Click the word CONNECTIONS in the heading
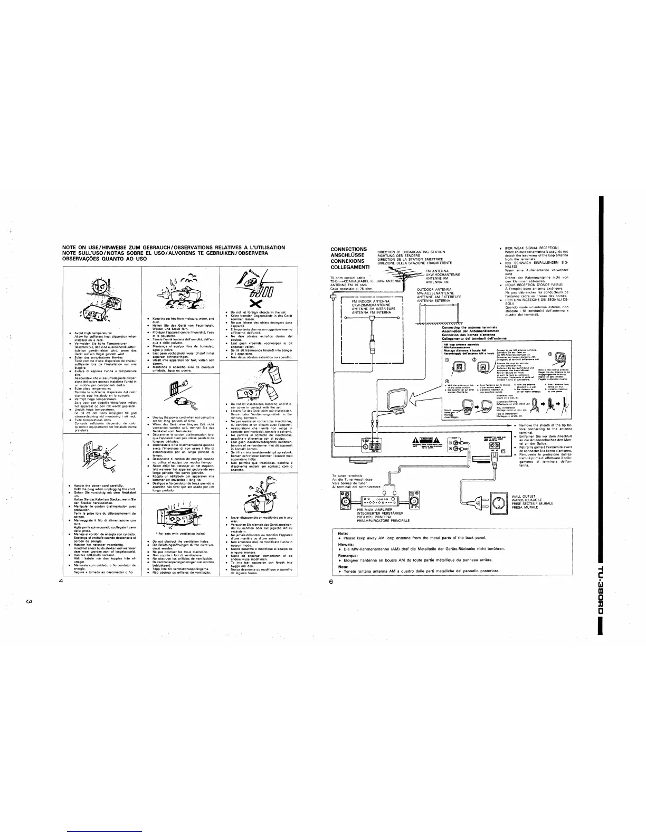coord(348,249)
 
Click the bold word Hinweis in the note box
coord(345,545)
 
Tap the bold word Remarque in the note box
coord(347,556)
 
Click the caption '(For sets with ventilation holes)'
coord(177,533)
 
